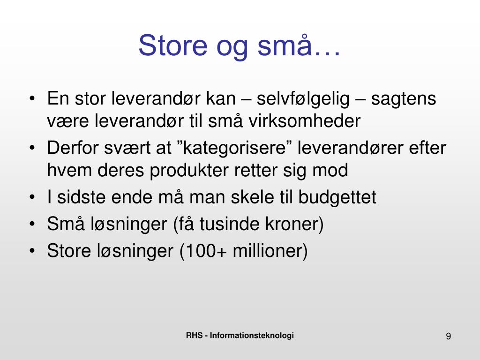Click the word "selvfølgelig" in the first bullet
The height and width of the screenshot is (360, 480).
pos(303,99)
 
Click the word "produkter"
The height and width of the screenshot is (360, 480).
pos(189,170)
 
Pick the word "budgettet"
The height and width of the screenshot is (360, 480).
pos(337,197)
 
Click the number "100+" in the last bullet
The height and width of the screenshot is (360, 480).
pos(206,251)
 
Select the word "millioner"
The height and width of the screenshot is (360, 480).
pos(267,250)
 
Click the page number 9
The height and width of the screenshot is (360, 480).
pos(448,336)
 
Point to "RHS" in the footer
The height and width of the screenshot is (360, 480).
pos(194,335)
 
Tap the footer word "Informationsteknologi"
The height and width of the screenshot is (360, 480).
pos(252,336)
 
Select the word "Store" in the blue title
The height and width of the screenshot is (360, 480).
pos(173,45)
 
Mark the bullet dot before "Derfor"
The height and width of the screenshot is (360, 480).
pos(32,148)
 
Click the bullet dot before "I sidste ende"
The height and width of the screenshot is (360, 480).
pos(32,197)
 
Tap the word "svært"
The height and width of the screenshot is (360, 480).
pos(127,148)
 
